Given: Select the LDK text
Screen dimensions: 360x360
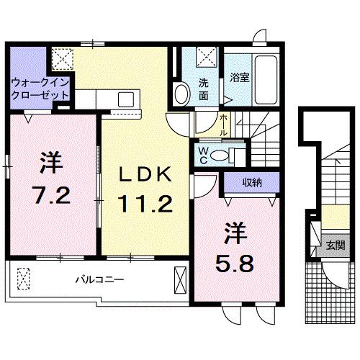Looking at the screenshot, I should click(145, 174).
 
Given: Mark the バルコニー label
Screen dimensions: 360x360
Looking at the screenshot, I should click(100, 278).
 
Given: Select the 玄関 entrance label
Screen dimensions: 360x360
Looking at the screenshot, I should click(333, 244).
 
